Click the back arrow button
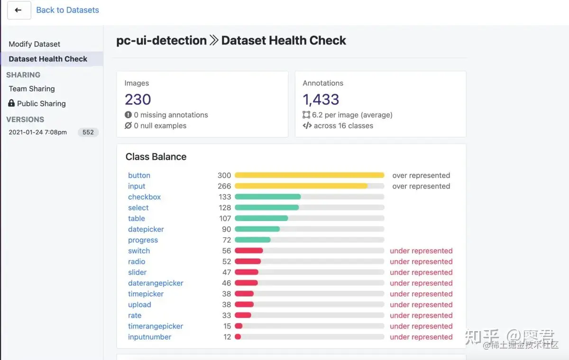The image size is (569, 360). coord(18,10)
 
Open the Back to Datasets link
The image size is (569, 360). coord(67,10)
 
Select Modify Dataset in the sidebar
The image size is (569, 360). coord(35,44)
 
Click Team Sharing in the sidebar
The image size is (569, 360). coord(32,89)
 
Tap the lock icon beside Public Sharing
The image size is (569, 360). coord(11,103)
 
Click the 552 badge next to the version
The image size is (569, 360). coord(88,132)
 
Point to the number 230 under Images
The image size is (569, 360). coord(138,99)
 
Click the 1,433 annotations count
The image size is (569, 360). coord(321,99)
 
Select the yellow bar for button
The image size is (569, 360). coord(309,175)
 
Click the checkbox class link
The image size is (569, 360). coord(144,197)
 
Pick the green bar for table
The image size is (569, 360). coord(261,219)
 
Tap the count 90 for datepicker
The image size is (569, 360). coord(226,229)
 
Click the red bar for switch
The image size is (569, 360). coord(248,251)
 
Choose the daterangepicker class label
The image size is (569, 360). coord(156,283)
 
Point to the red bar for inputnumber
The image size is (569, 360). coord(238,337)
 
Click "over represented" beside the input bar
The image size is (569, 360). coord(421,186)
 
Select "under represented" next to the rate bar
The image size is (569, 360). coord(421,315)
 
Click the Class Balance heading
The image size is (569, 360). coord(156,157)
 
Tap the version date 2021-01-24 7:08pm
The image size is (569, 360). coord(38,132)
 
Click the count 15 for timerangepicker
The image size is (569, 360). coord(227,326)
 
